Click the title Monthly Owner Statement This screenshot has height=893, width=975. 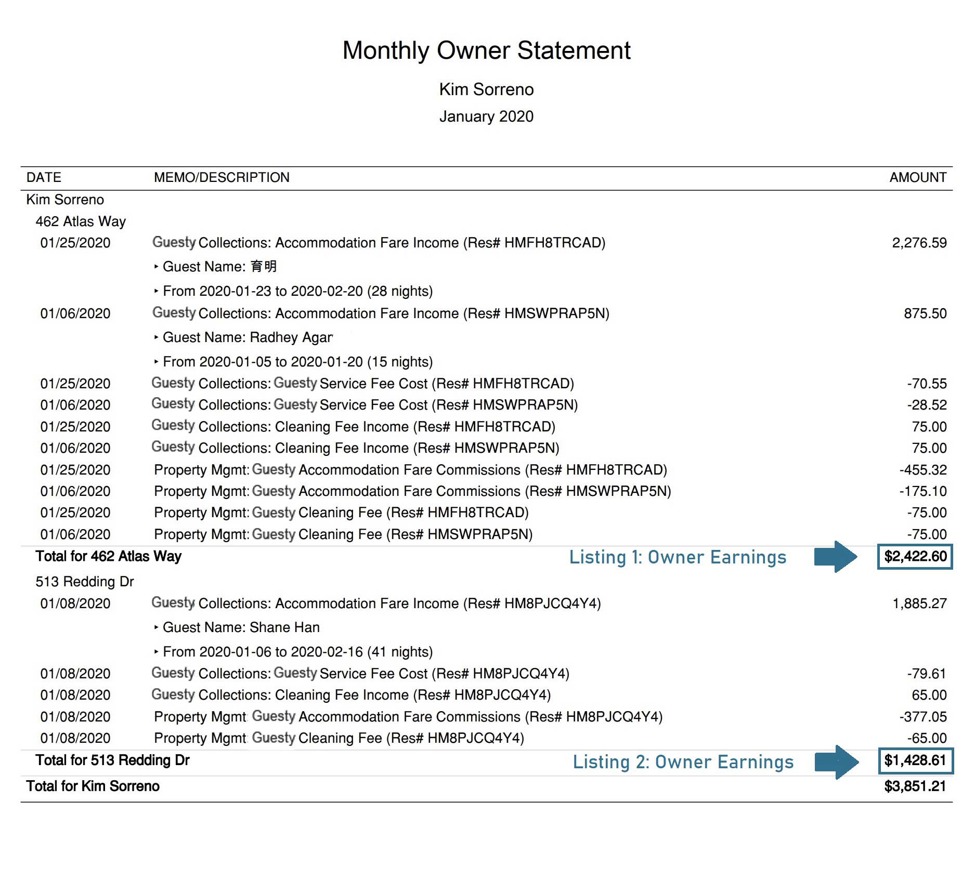486,50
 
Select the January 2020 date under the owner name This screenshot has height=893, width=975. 486,116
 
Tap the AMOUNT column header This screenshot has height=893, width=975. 918,177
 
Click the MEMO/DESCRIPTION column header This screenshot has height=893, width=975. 222,177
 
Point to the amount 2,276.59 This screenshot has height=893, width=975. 919,243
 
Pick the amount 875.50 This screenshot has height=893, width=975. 925,313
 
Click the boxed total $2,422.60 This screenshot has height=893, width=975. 915,557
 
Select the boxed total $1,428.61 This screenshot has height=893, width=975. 915,760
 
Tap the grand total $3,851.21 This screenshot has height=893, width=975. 915,786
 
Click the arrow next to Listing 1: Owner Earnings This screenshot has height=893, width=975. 836,557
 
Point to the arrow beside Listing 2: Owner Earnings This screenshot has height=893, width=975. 836,762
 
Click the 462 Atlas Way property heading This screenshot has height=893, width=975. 81,221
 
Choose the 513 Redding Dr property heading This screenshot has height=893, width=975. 85,582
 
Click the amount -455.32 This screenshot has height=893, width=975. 922,470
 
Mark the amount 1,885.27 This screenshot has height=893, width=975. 919,603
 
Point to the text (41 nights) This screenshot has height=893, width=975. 400,652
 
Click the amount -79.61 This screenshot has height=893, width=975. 926,674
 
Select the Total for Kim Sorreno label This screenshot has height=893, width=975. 93,786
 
